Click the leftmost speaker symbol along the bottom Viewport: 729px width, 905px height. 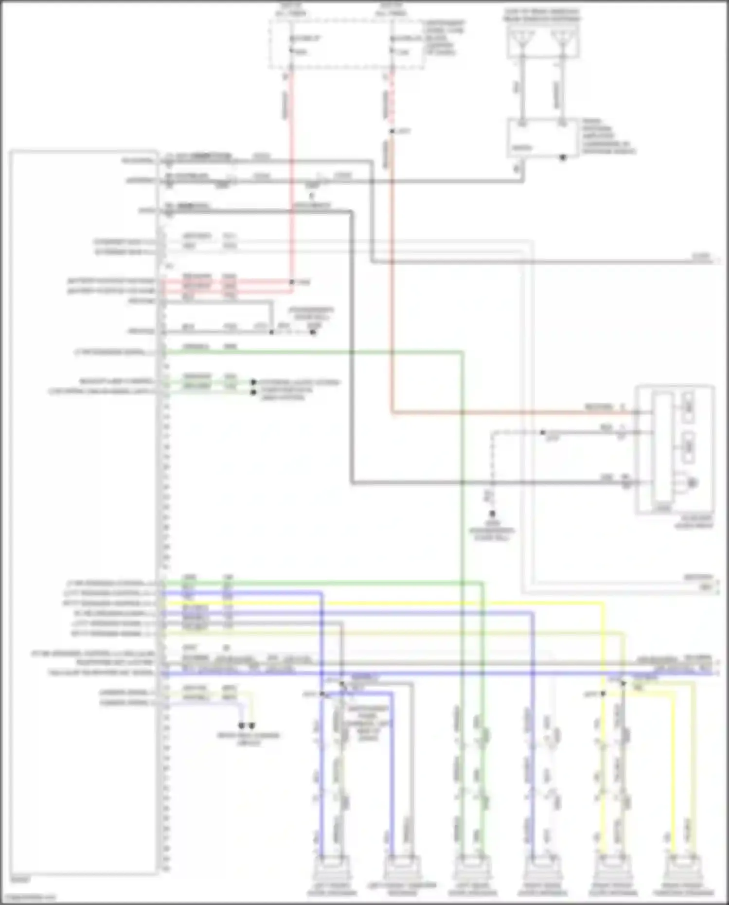coord(332,870)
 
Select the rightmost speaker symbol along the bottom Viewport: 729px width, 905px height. coord(683,870)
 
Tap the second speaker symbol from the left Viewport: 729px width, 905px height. coord(402,870)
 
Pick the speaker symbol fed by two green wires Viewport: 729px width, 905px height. coord(472,870)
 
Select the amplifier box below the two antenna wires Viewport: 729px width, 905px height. coord(543,138)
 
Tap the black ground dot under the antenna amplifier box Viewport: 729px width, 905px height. coord(563,158)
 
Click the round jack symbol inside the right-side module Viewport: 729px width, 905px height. coord(692,483)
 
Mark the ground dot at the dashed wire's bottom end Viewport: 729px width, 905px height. coord(492,514)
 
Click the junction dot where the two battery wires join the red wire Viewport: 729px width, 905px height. coord(292,282)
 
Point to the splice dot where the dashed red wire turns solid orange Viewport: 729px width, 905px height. coord(392,131)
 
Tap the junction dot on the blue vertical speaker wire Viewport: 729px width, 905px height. coord(322,694)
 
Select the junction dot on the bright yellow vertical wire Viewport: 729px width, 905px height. coord(603,694)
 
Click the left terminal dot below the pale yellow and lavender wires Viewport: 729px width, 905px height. coord(242,726)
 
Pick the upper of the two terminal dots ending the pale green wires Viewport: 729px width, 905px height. coord(253,382)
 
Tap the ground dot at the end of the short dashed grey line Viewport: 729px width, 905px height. coord(313,332)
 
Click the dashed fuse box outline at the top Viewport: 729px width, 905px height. coord(347,44)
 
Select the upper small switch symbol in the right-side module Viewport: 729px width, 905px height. coord(688,402)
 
